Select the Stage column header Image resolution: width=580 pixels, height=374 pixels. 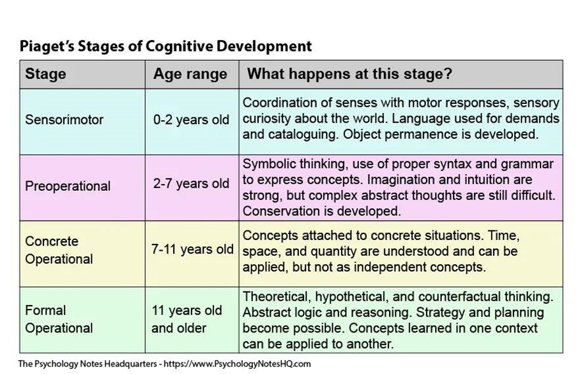pos(45,73)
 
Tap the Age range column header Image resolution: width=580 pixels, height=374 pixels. pos(190,74)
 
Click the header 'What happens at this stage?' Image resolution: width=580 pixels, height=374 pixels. pos(349,74)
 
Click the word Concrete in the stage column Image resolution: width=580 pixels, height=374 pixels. pos(52,241)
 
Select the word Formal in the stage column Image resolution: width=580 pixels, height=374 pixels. pos(45,310)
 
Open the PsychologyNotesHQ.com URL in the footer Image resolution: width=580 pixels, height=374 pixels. pos(237,364)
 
